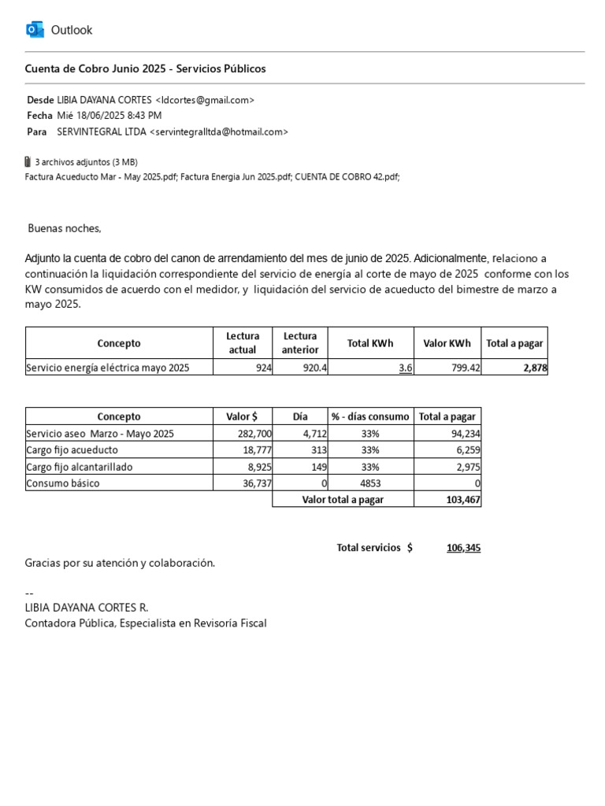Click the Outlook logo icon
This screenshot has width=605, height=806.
tap(35, 30)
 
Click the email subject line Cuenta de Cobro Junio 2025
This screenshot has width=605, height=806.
tap(146, 68)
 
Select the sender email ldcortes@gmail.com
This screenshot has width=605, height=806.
tap(205, 100)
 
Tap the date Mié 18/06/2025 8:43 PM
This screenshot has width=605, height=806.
tap(109, 116)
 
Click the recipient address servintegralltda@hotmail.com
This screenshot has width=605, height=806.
tap(219, 131)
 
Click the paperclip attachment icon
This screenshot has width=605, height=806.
tap(28, 162)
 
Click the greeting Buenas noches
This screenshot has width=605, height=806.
tap(65, 228)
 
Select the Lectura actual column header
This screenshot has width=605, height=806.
tap(242, 343)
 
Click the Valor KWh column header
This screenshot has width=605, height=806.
tap(447, 343)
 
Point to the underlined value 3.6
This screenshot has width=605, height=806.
tap(405, 368)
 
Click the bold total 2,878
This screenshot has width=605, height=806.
tap(534, 368)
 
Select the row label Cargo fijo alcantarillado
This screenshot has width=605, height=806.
tap(80, 467)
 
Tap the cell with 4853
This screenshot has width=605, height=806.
tap(370, 483)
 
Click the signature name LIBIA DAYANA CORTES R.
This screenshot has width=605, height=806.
tap(87, 608)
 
